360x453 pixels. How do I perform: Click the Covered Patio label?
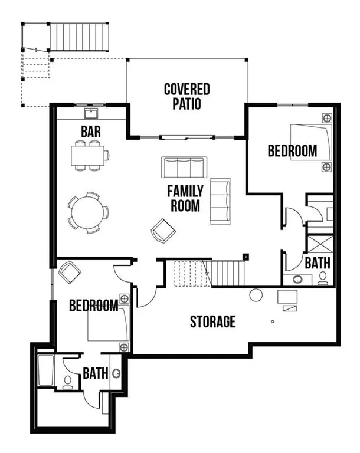coord(186,97)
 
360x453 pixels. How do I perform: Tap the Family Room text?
coord(185,199)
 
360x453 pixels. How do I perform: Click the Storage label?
coord(212,321)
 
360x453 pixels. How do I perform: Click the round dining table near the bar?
coord(88,210)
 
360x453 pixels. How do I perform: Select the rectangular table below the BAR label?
coord(89,156)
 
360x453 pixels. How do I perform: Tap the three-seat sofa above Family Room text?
coord(184,168)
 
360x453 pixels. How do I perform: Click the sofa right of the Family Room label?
coord(220,201)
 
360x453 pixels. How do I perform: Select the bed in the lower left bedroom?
coord(107,323)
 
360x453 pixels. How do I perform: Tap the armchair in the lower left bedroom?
coord(70,272)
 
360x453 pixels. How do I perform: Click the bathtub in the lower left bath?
coord(46,370)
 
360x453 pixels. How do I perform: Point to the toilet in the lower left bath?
coord(67,382)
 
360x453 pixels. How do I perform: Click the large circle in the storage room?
coord(256,296)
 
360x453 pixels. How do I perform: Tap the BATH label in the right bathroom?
coord(318,262)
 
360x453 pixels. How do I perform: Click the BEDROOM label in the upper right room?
coord(292,151)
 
